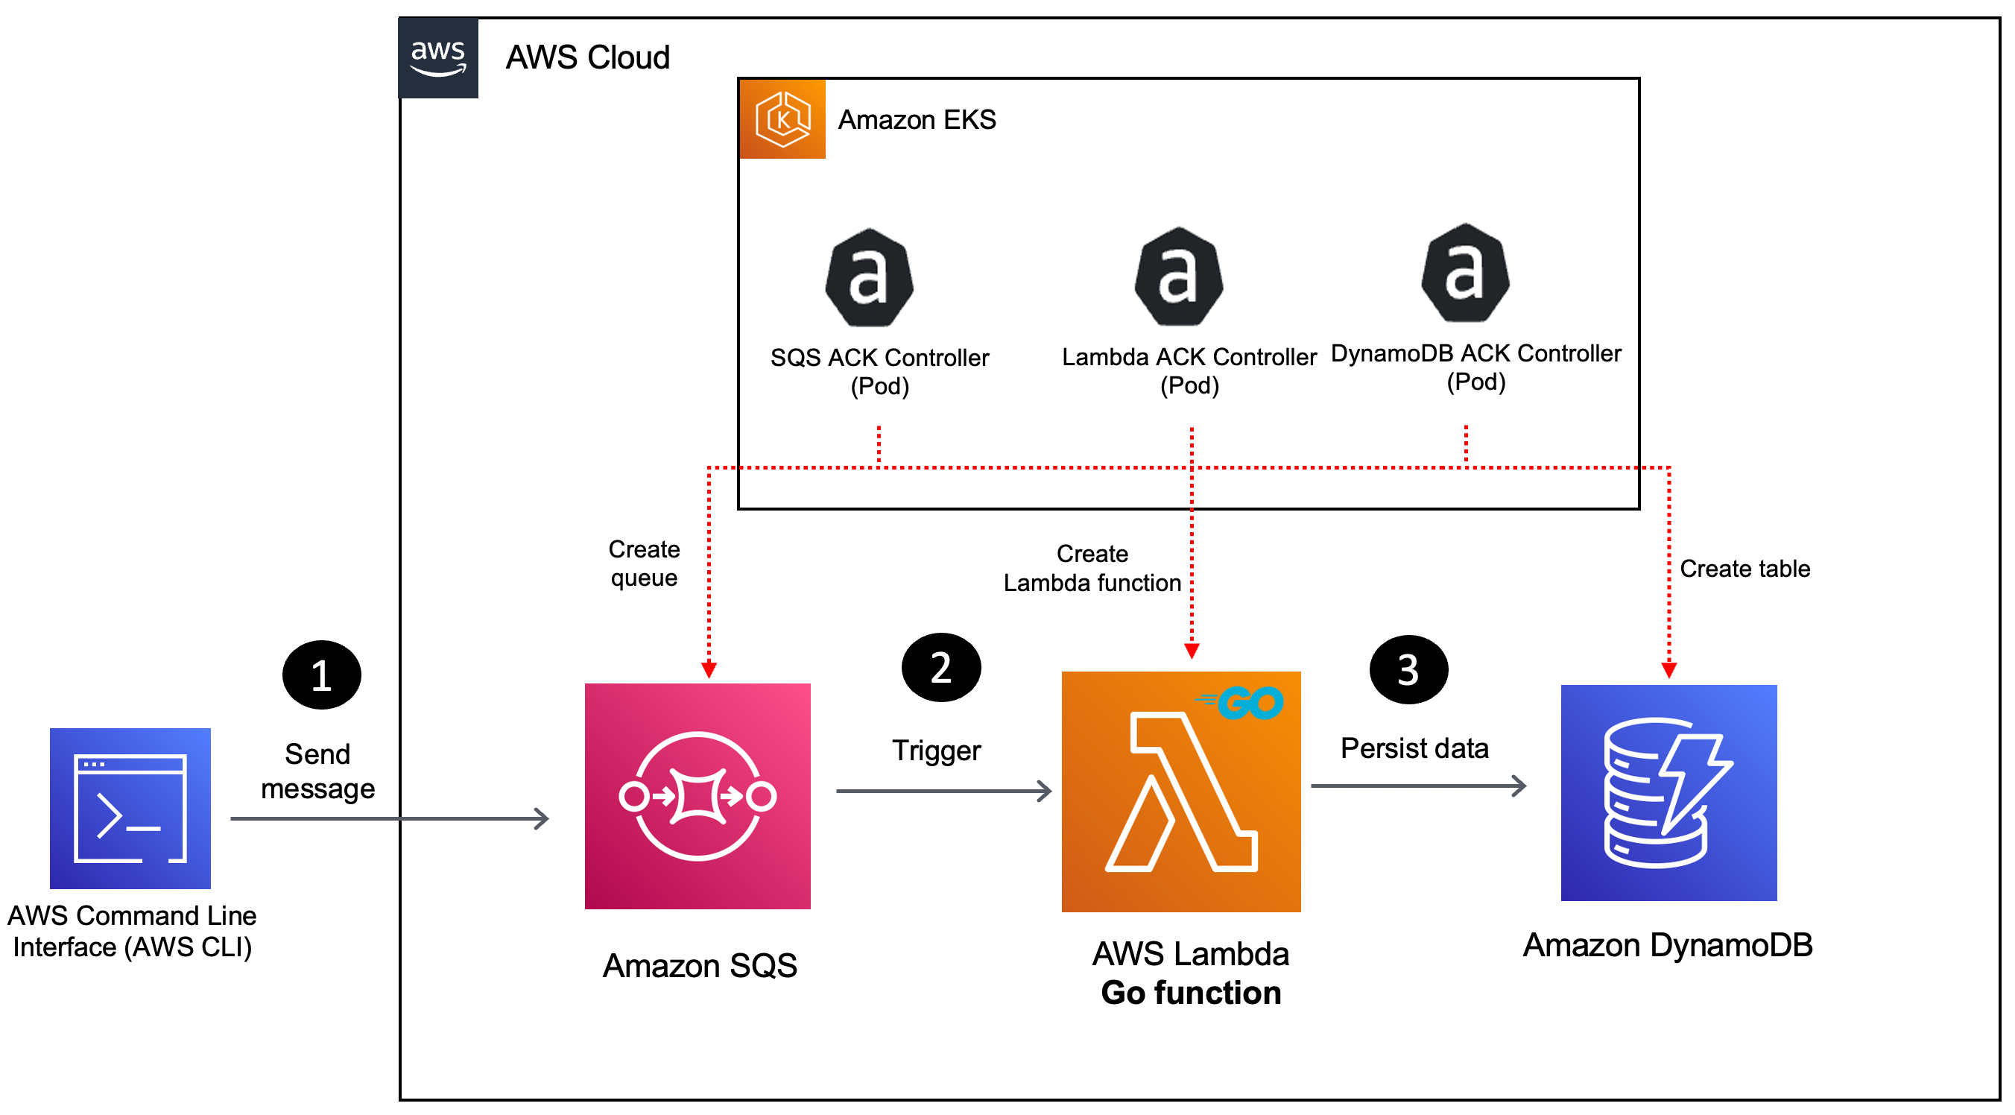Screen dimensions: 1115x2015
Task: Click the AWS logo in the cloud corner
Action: [x=438, y=58]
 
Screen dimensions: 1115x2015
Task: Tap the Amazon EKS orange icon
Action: [x=782, y=119]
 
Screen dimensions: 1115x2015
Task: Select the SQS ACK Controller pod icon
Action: [x=869, y=278]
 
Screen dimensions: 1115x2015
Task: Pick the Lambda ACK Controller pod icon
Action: [x=1179, y=277]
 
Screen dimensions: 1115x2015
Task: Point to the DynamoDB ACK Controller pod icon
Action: [x=1465, y=273]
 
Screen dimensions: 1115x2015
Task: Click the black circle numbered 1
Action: [x=321, y=675]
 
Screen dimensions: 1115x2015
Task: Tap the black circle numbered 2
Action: [x=941, y=668]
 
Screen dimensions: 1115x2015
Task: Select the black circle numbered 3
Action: [x=1408, y=670]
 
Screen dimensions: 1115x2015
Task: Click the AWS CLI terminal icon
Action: [x=130, y=808]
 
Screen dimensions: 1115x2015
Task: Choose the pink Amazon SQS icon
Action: [x=697, y=797]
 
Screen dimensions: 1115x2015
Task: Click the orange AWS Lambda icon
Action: [x=1181, y=792]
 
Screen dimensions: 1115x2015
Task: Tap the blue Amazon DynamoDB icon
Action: [x=1668, y=792]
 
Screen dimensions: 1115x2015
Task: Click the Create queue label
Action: [x=644, y=563]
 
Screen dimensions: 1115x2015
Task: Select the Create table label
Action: [x=1744, y=569]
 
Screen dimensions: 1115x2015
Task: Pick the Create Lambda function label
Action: [x=1092, y=569]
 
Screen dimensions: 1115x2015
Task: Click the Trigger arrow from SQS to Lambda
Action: [x=943, y=791]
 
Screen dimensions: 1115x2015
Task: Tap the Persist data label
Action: [x=1414, y=749]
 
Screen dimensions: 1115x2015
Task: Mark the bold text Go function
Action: [x=1191, y=993]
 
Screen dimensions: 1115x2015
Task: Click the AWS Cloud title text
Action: [x=587, y=58]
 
